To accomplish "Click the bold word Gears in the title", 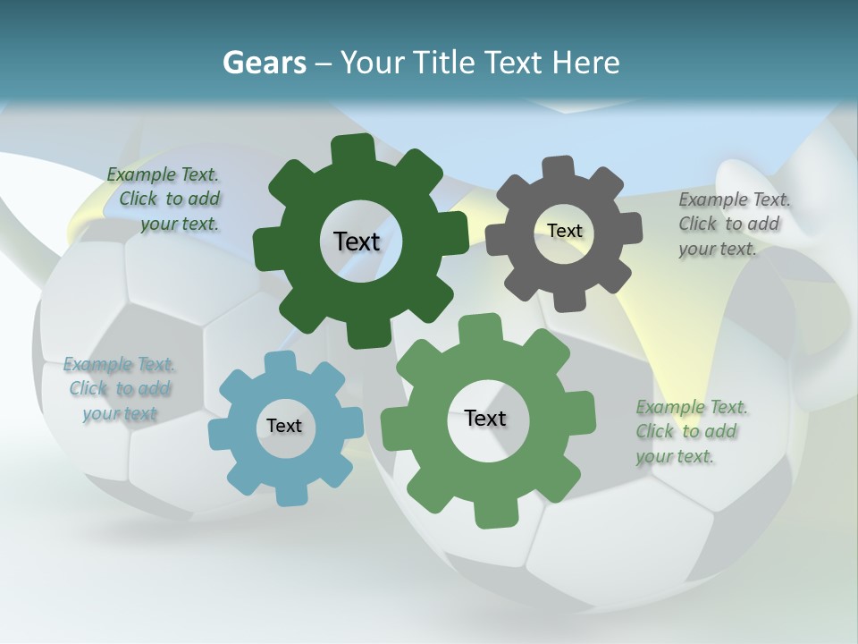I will tap(264, 63).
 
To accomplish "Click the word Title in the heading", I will tap(445, 63).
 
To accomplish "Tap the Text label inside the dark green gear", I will tap(357, 241).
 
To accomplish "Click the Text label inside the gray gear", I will tap(564, 231).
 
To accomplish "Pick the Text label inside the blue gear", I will tap(284, 426).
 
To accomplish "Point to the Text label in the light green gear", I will tap(485, 418).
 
